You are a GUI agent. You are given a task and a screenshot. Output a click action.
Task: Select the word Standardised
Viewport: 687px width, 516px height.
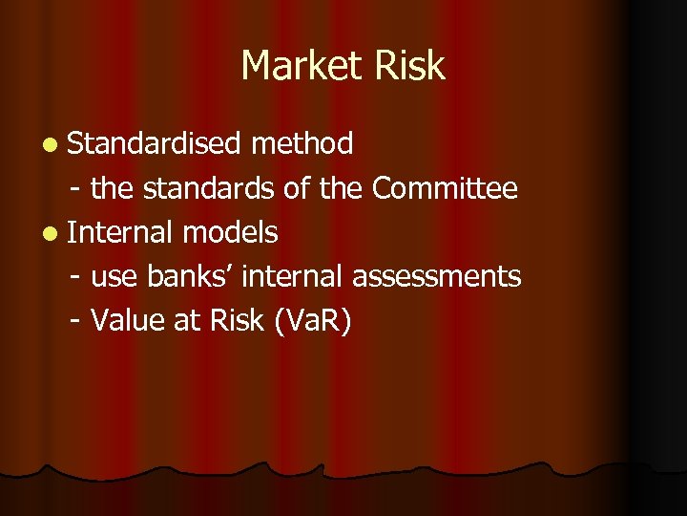(x=154, y=144)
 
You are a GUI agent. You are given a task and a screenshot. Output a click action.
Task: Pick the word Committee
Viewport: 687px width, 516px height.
(x=445, y=188)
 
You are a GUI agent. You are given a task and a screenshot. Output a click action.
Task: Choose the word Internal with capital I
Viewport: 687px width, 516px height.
(x=120, y=232)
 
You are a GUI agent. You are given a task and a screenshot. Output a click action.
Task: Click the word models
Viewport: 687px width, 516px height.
(x=230, y=232)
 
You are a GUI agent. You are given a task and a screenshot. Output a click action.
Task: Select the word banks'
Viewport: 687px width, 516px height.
(x=191, y=276)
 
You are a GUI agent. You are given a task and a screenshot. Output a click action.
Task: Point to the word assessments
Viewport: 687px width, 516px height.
(x=437, y=277)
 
